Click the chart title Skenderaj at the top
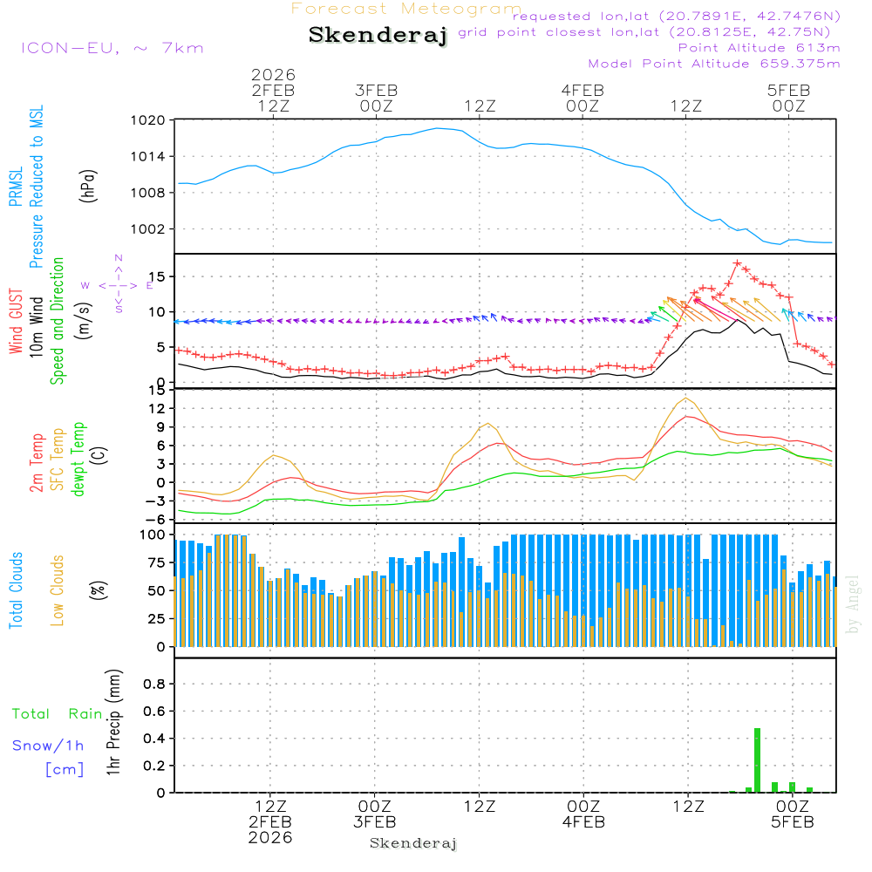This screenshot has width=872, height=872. [x=378, y=36]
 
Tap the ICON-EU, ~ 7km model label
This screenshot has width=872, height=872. [x=112, y=48]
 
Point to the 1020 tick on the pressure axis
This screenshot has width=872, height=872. [x=149, y=121]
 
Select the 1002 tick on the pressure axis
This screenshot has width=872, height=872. [x=149, y=229]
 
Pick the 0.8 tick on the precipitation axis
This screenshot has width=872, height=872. [x=154, y=685]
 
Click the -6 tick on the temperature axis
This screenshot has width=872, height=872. [x=157, y=519]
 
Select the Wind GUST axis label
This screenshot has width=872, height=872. [x=16, y=323]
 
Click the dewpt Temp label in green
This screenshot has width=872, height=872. [x=78, y=460]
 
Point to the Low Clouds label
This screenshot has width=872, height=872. [x=58, y=589]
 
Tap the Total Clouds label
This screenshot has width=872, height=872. [x=16, y=590]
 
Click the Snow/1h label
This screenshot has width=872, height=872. [x=49, y=746]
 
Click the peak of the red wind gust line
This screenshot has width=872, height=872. [x=738, y=262]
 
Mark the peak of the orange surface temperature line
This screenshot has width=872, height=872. [x=687, y=399]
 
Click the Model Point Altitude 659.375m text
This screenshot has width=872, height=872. [x=714, y=64]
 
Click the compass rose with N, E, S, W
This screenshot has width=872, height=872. [x=119, y=284]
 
